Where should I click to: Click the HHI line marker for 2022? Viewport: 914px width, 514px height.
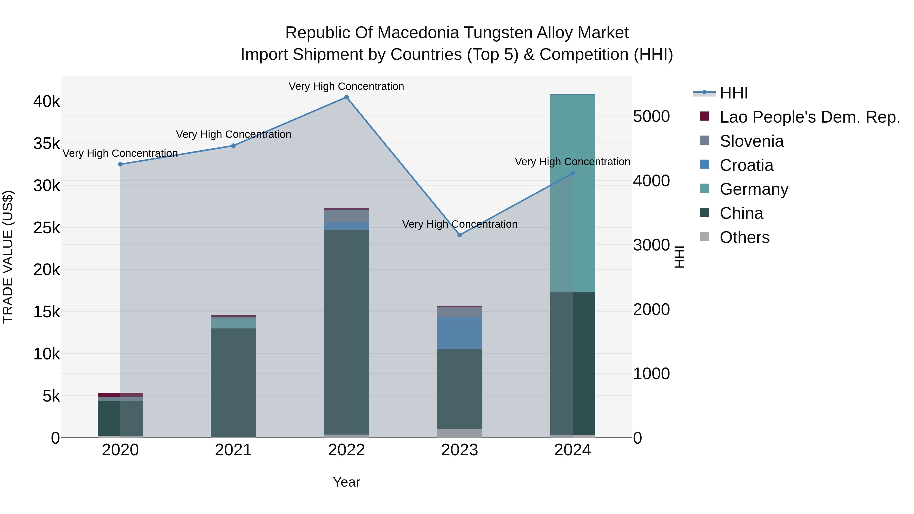pyautogui.click(x=346, y=97)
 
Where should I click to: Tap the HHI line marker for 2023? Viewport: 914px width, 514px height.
pyautogui.click(x=460, y=235)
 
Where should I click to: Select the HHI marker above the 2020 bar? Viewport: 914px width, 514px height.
pyautogui.click(x=120, y=164)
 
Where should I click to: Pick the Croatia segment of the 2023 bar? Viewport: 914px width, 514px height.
pyautogui.click(x=460, y=333)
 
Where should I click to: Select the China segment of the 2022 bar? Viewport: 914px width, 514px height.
pyautogui.click(x=346, y=332)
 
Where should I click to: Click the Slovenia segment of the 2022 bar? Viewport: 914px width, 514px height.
pyautogui.click(x=346, y=216)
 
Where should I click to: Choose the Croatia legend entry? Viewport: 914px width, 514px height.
pyautogui.click(x=746, y=165)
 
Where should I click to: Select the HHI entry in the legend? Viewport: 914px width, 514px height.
pyautogui.click(x=733, y=93)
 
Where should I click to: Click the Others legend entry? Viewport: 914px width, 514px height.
pyautogui.click(x=744, y=237)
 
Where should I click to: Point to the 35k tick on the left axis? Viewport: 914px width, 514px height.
pyautogui.click(x=46, y=144)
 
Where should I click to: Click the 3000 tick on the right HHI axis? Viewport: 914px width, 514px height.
pyautogui.click(x=651, y=245)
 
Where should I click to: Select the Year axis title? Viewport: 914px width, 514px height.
pyautogui.click(x=346, y=482)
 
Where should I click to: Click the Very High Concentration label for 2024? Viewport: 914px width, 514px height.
pyautogui.click(x=572, y=162)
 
